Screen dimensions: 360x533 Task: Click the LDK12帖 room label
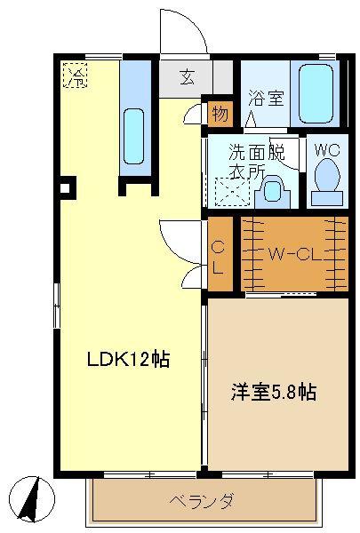(128, 359)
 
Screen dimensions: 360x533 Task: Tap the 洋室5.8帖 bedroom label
(274, 393)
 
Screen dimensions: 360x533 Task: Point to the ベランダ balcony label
(202, 501)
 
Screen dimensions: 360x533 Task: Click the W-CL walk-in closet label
(295, 253)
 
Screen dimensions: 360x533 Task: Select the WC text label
(327, 150)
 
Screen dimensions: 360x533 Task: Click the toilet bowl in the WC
(327, 175)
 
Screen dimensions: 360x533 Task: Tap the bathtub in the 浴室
(316, 93)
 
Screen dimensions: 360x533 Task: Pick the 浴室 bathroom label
(266, 98)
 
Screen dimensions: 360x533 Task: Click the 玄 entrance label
(188, 76)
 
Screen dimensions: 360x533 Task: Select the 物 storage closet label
(220, 114)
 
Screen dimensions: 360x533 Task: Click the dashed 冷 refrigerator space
(76, 76)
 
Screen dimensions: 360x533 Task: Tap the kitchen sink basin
(133, 136)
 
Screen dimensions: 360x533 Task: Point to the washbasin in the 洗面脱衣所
(273, 191)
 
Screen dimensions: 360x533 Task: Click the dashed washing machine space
(232, 192)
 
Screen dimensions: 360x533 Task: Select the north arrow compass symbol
(32, 499)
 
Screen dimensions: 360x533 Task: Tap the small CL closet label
(218, 259)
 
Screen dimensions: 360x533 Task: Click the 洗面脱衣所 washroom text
(257, 162)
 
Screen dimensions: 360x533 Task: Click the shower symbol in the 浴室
(251, 119)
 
